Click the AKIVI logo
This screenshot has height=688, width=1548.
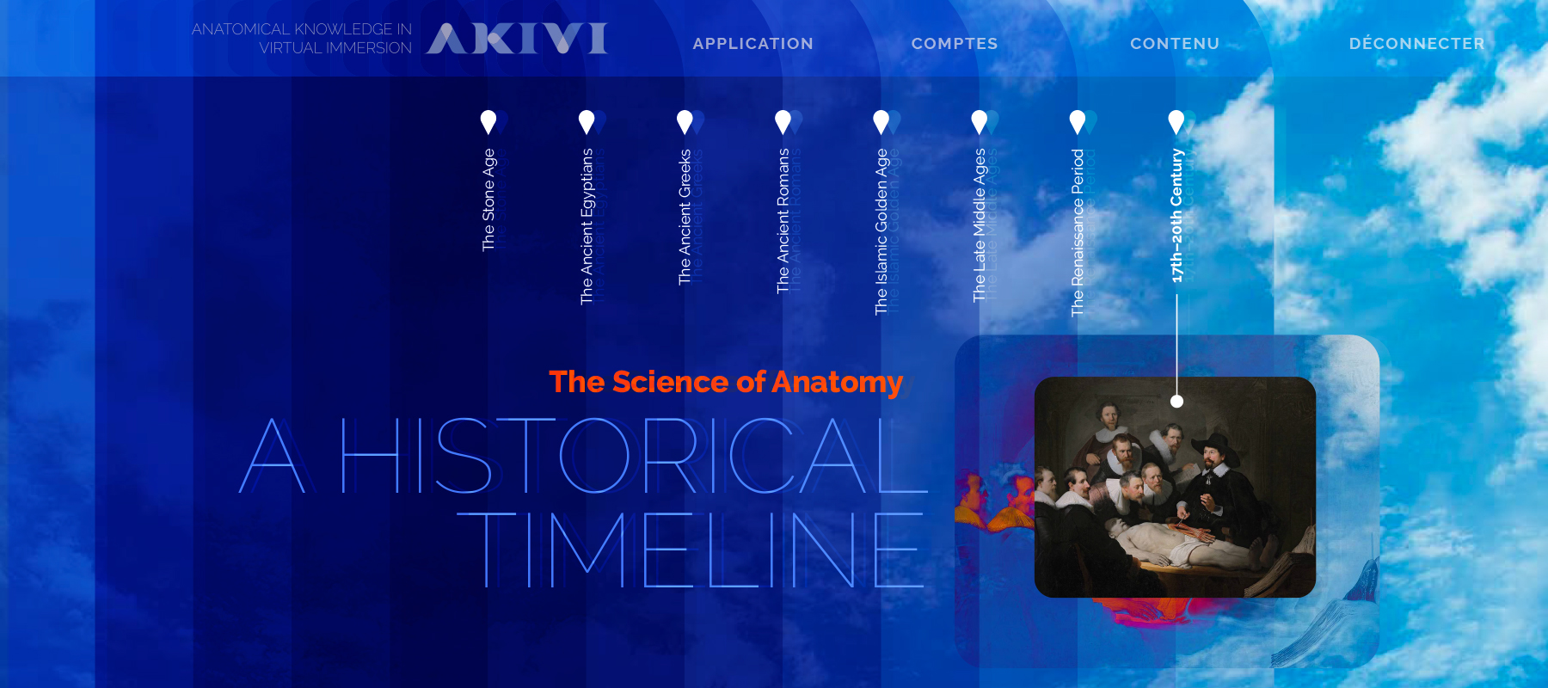[x=517, y=38]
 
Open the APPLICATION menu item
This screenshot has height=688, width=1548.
[x=752, y=44]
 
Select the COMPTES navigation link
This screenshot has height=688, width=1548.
[x=955, y=44]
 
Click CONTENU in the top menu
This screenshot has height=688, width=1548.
[x=1175, y=44]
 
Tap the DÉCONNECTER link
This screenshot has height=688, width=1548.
[x=1416, y=43]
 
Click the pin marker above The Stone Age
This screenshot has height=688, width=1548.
[x=488, y=122]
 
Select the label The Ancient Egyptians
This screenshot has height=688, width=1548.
[x=587, y=226]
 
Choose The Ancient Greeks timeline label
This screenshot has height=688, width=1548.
[x=685, y=217]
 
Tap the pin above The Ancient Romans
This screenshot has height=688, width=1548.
[x=783, y=122]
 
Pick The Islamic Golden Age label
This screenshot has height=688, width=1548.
[x=881, y=231]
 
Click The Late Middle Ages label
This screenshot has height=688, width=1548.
[x=980, y=224]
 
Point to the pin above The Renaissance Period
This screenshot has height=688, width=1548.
[x=1078, y=122]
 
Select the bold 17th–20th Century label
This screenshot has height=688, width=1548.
[x=1176, y=215]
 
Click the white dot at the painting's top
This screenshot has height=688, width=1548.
[x=1176, y=402]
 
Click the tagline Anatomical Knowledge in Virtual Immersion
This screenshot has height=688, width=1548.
[x=302, y=39]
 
